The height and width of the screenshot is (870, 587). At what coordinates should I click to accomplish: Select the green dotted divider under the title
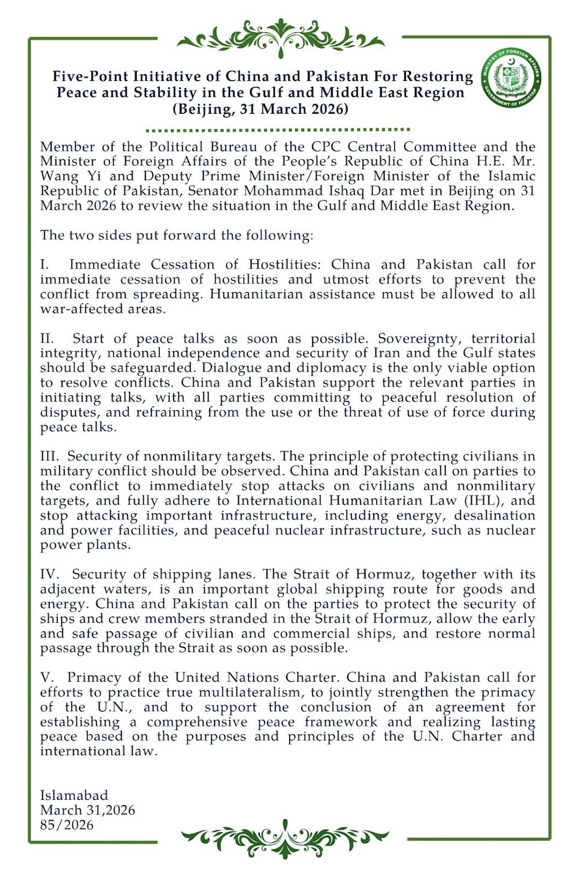277,130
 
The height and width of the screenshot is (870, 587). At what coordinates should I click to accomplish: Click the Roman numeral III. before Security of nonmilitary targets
50,457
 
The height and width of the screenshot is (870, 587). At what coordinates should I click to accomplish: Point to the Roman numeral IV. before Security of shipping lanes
50,575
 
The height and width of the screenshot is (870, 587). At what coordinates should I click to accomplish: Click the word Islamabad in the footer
74,795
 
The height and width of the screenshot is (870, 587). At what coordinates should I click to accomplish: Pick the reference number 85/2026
67,825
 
